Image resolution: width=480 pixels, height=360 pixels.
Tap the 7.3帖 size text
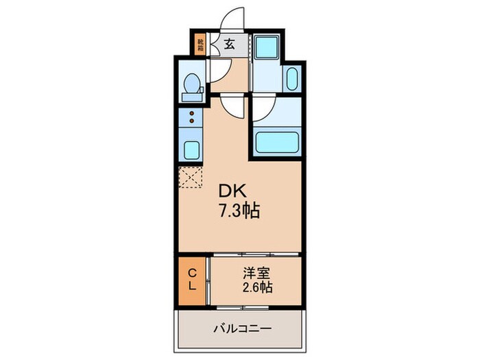[240, 211]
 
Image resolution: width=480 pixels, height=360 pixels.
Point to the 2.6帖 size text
[256, 287]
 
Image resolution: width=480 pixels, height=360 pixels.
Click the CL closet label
[193, 280]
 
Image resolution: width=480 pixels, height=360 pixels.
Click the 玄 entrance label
[229, 45]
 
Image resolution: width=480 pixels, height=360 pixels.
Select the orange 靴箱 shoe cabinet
[200, 45]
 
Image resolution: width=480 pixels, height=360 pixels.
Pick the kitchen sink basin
[193, 149]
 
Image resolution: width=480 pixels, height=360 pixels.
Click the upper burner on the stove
[193, 113]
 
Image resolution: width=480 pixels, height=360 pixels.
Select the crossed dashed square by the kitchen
[191, 176]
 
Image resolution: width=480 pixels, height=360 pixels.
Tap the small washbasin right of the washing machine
[292, 78]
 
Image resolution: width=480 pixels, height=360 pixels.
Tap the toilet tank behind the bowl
[184, 84]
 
